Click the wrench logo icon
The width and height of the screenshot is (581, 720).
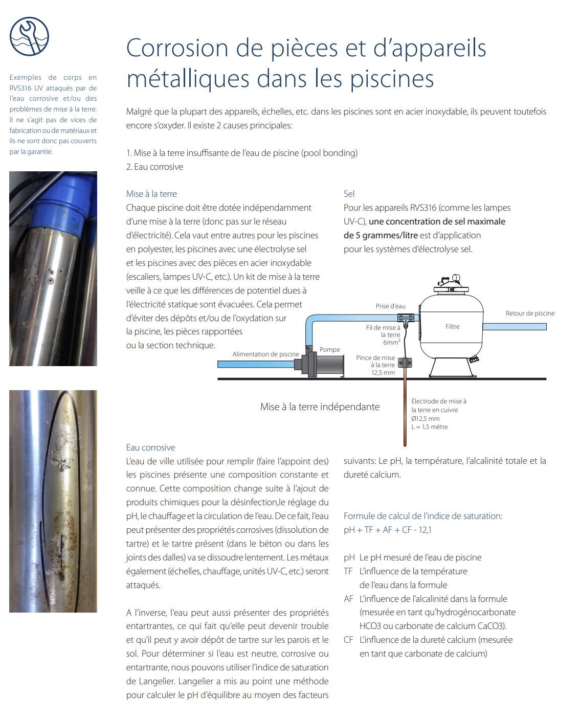pos(29,36)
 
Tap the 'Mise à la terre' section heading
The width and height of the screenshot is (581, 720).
pos(151,194)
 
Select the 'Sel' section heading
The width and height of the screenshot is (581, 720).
pos(349,194)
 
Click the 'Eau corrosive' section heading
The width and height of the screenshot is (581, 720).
pos(150,447)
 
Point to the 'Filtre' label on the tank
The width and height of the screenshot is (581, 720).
pos(452,326)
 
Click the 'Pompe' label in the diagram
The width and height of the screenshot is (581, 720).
pos(329,350)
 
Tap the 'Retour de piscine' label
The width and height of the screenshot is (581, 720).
pos(530,313)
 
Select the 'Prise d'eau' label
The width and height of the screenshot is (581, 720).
pos(390,306)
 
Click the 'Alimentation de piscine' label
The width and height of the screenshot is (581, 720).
pos(265,354)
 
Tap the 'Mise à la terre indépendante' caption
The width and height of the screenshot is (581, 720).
pos(320,407)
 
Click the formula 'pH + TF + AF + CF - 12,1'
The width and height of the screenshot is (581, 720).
pos(387,530)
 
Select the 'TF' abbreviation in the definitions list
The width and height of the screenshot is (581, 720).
pos(348,571)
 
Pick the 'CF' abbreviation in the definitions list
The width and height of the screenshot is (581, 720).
pos(348,640)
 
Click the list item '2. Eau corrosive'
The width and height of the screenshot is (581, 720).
pos(154,167)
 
